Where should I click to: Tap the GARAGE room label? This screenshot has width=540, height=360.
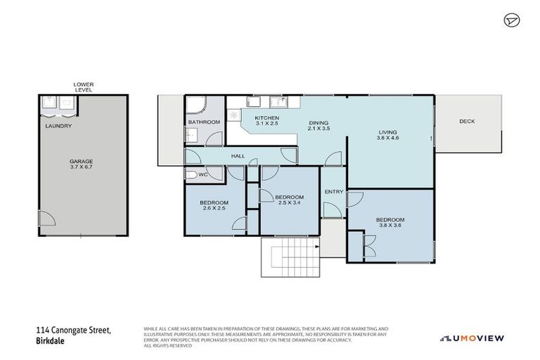coord(82,161)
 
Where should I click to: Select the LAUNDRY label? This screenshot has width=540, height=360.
coord(58,126)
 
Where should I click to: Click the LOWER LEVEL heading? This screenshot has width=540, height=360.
coord(84,87)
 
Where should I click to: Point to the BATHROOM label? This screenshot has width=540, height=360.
coord(204,122)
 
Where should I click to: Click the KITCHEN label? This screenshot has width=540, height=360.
coord(266,117)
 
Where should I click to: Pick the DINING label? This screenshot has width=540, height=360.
coord(319,123)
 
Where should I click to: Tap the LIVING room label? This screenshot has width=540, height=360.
coord(387,132)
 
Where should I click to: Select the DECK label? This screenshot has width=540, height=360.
coord(467,121)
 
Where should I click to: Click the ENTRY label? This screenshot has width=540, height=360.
coord(333,191)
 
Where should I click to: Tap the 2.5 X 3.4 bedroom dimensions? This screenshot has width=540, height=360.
coord(289,203)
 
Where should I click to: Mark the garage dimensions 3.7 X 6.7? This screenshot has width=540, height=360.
coord(82,167)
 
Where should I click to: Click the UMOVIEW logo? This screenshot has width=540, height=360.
coord(472,338)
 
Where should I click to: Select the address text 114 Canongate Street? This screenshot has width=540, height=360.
coord(73,329)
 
